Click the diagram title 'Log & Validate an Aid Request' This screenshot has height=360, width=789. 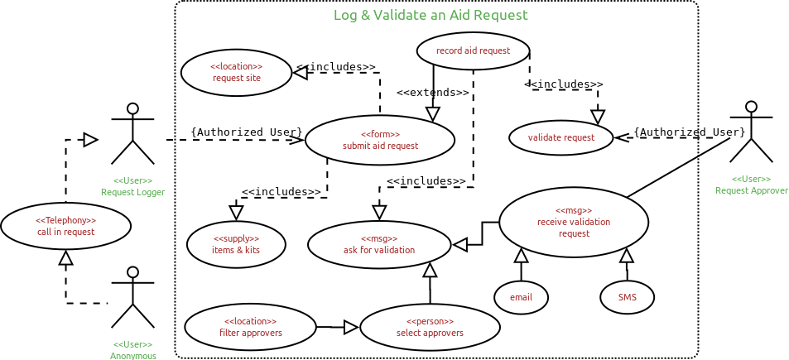[431, 15]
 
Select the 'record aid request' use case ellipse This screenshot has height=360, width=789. [473, 50]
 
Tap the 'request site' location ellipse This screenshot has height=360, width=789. [236, 73]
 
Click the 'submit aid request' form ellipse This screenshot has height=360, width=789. [380, 140]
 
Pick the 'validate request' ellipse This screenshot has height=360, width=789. [560, 137]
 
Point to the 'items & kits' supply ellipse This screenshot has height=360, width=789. [236, 244]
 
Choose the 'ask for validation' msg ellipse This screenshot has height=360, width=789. [379, 244]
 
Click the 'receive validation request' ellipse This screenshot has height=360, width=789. [574, 222]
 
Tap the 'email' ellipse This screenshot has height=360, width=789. [521, 298]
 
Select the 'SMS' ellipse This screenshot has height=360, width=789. [627, 298]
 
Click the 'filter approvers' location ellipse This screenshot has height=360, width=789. [250, 327]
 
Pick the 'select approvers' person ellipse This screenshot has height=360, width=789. [430, 327]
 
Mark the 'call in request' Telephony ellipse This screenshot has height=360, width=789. [65, 226]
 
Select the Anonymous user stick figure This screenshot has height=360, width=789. [132, 297]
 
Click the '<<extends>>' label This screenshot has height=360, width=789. [432, 93]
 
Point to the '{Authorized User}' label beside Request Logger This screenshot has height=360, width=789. [246, 132]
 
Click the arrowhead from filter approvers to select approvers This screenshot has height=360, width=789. [351, 328]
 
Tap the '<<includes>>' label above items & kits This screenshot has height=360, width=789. [281, 192]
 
